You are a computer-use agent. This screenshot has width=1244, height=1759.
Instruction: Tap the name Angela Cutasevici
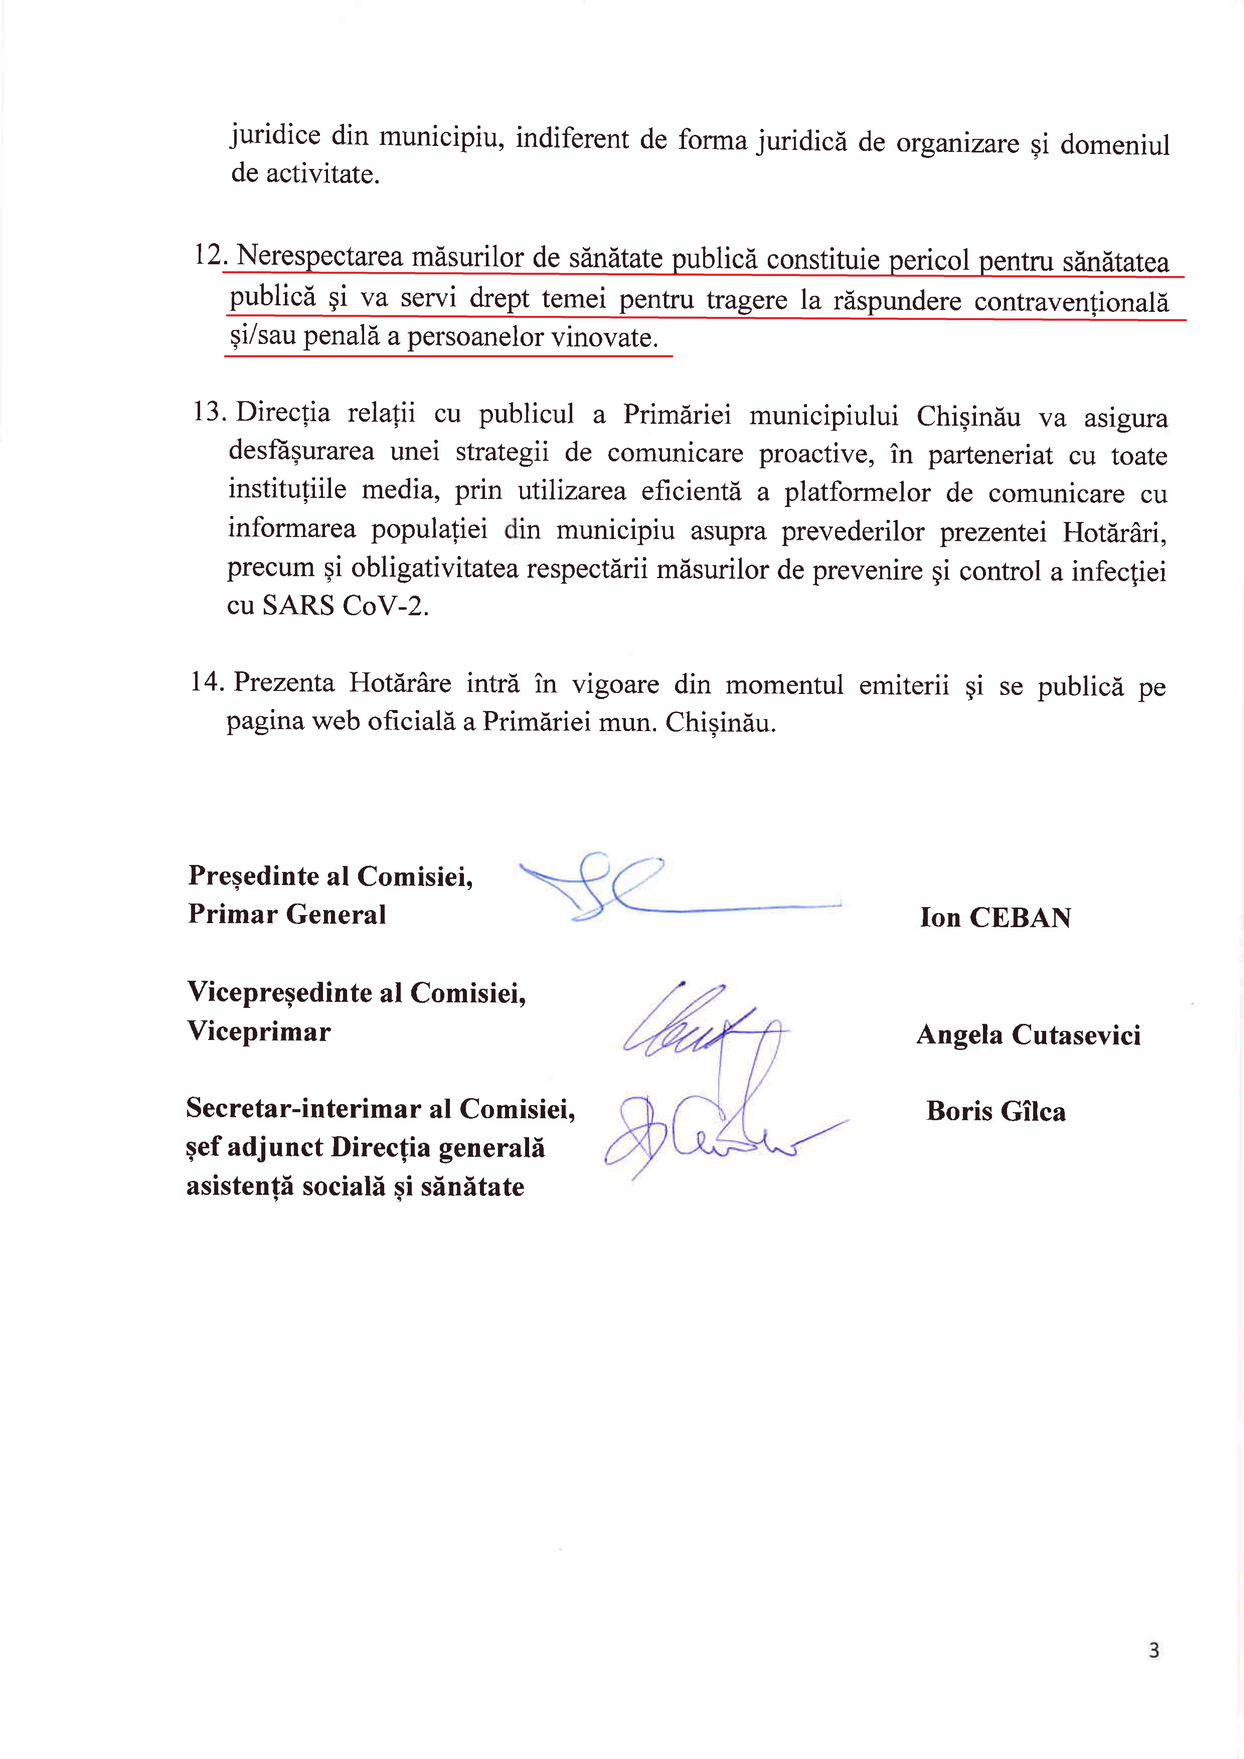[x=1028, y=1035]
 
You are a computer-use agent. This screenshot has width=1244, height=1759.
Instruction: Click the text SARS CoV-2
[x=345, y=606]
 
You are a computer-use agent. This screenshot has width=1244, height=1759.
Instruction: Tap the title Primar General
[x=287, y=914]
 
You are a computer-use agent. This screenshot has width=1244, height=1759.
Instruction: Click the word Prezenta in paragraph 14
[x=284, y=682]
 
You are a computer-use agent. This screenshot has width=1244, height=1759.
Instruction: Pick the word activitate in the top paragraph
[x=323, y=175]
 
